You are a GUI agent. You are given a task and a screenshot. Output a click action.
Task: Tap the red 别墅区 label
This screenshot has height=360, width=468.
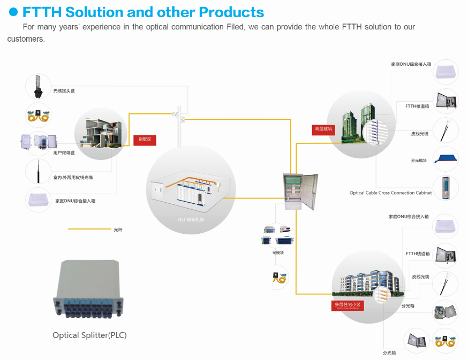(x=145, y=140)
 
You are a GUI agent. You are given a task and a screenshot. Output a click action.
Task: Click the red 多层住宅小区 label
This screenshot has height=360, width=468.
(x=348, y=305)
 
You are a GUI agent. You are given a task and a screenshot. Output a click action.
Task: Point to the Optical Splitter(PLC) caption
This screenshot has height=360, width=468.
(x=89, y=335)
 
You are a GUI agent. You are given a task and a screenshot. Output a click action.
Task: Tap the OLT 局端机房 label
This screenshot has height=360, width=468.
(x=191, y=219)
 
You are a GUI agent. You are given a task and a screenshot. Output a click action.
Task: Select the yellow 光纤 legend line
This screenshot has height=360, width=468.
(x=88, y=229)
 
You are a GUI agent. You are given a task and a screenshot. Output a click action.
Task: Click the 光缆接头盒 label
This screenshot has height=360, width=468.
(x=64, y=91)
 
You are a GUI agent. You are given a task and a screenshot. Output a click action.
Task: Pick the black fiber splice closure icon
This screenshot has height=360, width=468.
(x=38, y=87)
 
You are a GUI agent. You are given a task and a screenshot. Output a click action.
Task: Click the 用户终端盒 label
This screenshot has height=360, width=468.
(x=64, y=153)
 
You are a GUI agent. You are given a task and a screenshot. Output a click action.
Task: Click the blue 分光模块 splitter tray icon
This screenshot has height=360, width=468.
(x=445, y=159)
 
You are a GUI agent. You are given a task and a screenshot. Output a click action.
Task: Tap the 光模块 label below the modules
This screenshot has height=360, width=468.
(x=278, y=252)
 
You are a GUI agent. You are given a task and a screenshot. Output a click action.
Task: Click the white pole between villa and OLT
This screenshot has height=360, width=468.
(x=178, y=126)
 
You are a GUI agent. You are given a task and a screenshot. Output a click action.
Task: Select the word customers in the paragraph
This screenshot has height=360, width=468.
(x=26, y=39)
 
